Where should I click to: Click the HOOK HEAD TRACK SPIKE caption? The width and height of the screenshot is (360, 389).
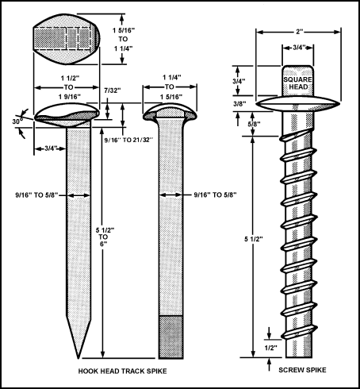click(122, 371)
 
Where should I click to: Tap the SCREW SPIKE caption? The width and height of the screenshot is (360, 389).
click(302, 370)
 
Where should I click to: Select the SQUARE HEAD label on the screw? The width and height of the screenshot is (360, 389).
click(298, 83)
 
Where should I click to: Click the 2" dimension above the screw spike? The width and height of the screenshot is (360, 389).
click(299, 32)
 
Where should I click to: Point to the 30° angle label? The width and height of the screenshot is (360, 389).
click(17, 121)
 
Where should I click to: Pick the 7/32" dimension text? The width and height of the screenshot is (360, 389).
click(113, 91)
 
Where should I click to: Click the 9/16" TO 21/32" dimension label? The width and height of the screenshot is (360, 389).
click(128, 140)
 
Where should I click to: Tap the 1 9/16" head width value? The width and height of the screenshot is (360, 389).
click(70, 97)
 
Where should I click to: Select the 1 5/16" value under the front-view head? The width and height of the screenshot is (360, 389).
click(171, 97)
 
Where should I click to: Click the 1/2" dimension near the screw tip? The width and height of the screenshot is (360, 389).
click(271, 348)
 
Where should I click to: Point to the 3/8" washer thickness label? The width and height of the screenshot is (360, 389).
click(239, 104)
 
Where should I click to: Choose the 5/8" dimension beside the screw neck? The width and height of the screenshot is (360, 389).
click(255, 124)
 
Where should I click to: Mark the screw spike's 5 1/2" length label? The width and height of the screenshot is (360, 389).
click(254, 239)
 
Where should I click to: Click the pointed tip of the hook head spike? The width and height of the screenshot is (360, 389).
click(79, 359)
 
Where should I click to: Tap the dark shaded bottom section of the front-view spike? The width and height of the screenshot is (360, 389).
click(171, 337)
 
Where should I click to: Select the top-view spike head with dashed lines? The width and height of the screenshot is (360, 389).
click(67, 39)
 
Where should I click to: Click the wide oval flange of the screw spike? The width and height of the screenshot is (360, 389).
click(298, 103)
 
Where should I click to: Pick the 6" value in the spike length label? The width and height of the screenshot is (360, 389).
click(103, 244)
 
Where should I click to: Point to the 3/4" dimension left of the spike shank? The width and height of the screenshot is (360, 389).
click(51, 148)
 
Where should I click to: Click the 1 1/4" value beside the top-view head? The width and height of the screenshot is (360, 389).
click(124, 48)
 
